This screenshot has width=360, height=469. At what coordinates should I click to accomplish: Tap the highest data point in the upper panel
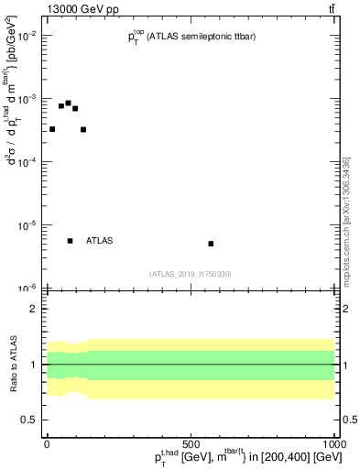pos(68,104)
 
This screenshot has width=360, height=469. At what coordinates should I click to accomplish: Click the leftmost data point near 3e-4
pos(52,129)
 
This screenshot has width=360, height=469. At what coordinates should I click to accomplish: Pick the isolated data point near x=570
pos(211,244)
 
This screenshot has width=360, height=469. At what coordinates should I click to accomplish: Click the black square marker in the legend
pos(70,241)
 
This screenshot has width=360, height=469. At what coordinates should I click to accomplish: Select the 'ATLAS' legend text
pos(99,241)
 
